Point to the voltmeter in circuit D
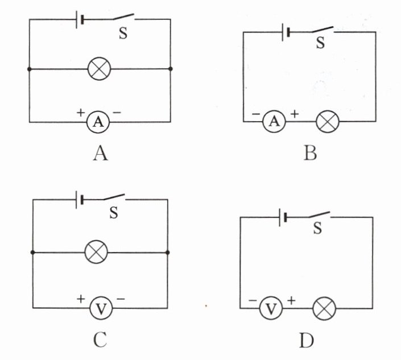coord(271,309)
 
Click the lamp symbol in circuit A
coord(99,69)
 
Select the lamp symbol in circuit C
coord(96,251)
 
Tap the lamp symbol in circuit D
coord(325,309)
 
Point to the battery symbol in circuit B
coord(287,32)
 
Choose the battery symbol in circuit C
coord(80,200)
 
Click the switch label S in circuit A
coord(123,32)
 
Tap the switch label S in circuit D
coord(317,228)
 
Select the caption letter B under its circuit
coord(309,153)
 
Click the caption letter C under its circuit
coord(100,340)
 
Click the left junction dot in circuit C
coord(33,252)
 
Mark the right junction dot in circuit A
coord(171,69)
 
